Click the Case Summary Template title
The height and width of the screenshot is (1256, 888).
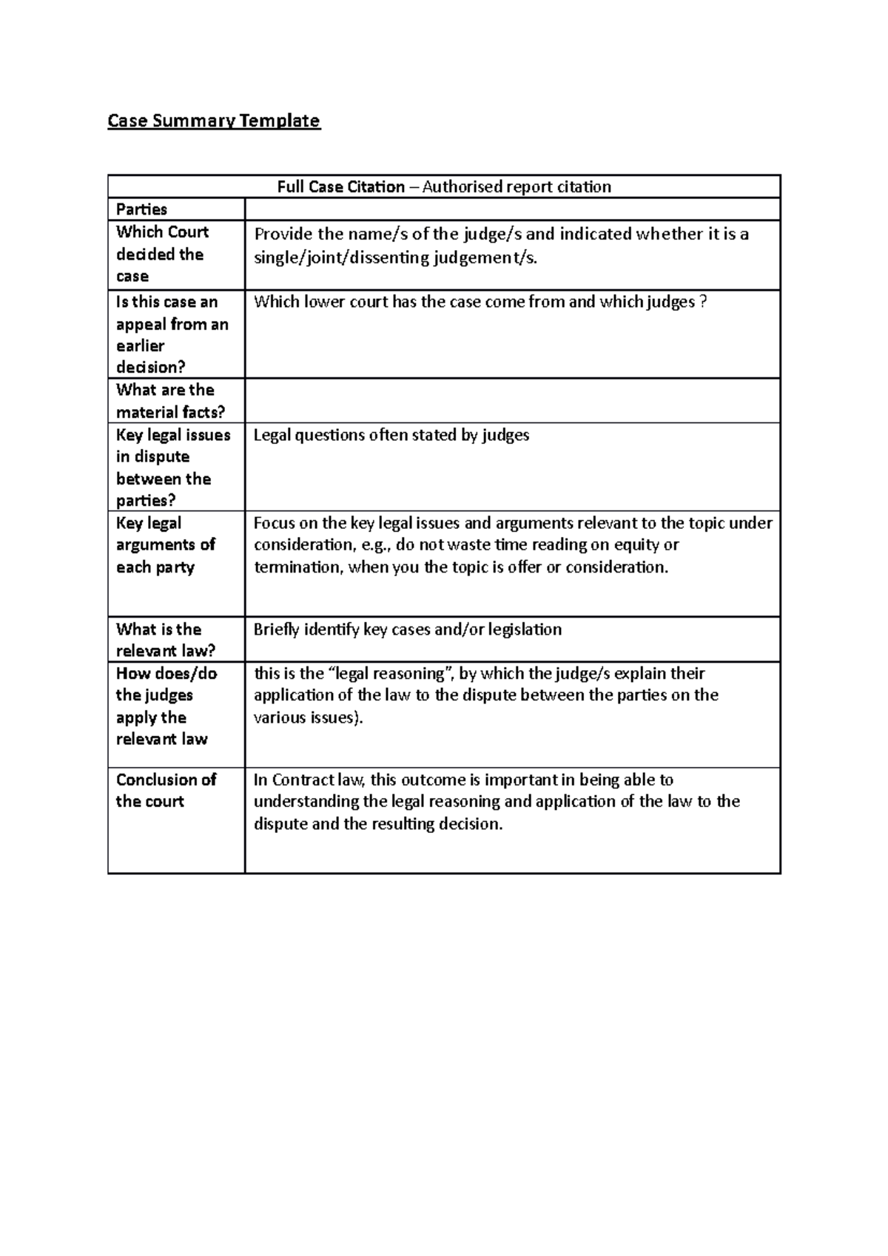pos(214,121)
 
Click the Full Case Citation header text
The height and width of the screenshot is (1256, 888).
pos(444,186)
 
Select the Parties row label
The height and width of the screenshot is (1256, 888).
pos(141,209)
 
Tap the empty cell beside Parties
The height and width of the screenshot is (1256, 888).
pos(512,209)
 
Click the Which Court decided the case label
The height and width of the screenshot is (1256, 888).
pos(162,254)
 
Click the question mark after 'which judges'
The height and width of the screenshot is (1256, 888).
pos(703,302)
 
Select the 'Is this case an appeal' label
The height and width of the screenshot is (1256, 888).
pos(172,334)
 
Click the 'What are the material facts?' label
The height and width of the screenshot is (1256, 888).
pos(169,401)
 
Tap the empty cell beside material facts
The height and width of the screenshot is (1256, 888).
pos(512,401)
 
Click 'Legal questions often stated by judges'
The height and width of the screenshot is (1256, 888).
pos(391,435)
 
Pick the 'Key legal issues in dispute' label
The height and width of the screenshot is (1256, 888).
pos(172,467)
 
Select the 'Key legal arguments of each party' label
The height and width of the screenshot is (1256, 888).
pos(165,545)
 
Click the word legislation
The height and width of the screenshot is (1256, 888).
pos(526,629)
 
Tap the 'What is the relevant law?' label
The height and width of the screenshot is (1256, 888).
pos(165,640)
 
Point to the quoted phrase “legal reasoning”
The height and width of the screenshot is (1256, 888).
pos(391,674)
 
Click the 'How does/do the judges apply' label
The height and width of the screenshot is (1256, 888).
pos(166,706)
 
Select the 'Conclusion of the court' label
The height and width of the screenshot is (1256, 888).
pos(166,790)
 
